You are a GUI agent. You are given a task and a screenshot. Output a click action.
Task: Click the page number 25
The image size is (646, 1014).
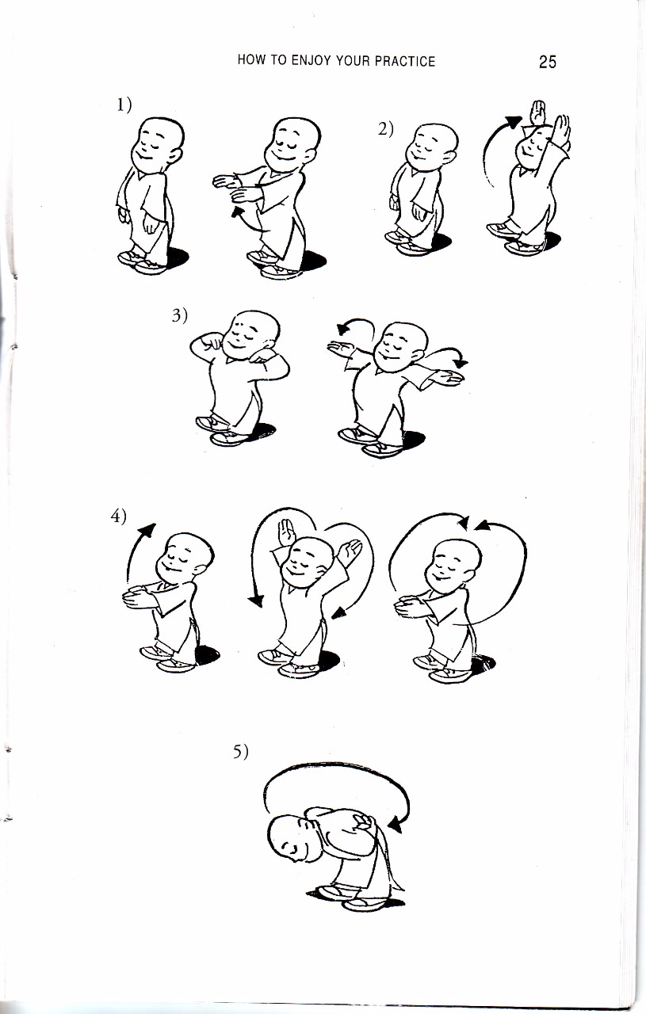547,61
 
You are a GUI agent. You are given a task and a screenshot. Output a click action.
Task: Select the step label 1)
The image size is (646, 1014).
122,105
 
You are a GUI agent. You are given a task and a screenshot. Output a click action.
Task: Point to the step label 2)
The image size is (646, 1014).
386,130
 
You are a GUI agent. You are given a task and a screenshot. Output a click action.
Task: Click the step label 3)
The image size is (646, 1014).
179,315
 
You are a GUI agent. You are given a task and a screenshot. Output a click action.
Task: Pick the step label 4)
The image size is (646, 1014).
119,516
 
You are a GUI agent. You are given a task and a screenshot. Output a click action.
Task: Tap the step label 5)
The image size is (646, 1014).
240,752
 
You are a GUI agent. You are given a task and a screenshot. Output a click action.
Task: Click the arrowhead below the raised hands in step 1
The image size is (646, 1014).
236,212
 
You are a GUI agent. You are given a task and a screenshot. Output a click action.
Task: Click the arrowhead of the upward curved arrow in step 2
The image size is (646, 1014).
514,122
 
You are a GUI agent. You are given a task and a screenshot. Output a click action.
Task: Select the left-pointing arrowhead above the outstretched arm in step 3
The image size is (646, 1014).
342,329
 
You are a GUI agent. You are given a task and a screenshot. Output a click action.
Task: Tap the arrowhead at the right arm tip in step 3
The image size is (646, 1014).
462,361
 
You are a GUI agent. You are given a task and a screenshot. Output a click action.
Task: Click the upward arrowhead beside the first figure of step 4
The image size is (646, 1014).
148,531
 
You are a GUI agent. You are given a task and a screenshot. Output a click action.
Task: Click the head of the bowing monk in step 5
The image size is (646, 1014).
290,835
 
